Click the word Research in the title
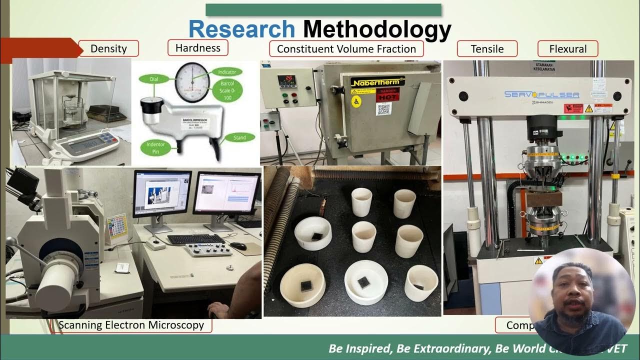click(x=241, y=29)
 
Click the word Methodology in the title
click(x=376, y=30)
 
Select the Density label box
click(x=108, y=49)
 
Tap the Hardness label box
click(x=197, y=48)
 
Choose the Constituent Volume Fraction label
click(x=346, y=49)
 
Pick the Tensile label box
click(x=487, y=49)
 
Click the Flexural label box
click(x=567, y=49)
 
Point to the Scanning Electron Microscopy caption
click(x=131, y=325)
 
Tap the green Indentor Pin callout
click(x=155, y=148)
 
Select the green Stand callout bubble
click(x=240, y=137)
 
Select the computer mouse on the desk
click(x=238, y=246)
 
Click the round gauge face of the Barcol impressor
click(x=192, y=80)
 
